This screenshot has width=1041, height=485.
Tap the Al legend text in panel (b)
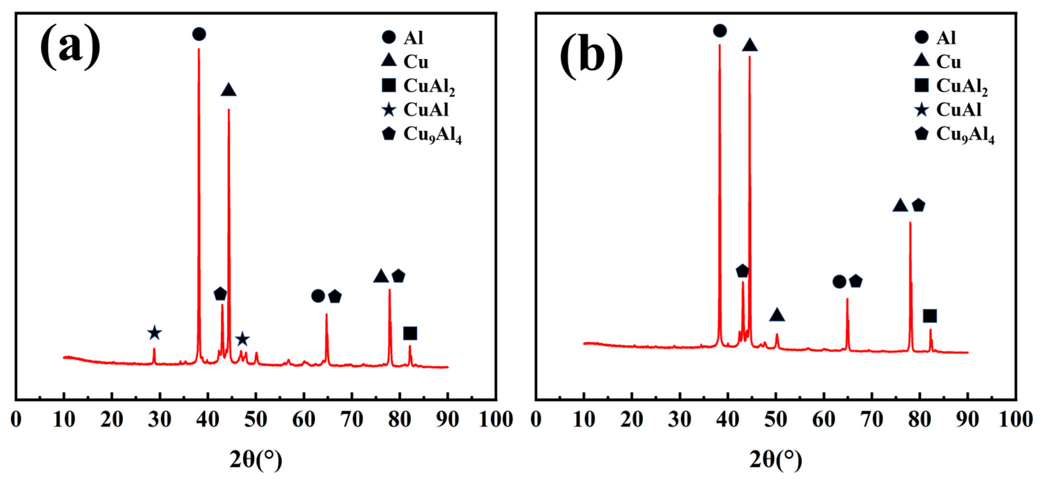946,38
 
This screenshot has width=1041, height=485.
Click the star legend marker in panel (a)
389,110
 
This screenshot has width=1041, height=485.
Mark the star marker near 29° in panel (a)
154,333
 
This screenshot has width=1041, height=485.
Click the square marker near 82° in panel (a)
410,334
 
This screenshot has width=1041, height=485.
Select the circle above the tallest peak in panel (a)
199,34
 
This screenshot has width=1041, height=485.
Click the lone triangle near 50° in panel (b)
777,315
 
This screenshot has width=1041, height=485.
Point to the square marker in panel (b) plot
930,316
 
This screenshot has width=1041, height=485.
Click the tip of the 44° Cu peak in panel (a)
229,109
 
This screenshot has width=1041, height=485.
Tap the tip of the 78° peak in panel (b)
910,222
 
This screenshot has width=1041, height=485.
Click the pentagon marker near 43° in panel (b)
742,271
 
